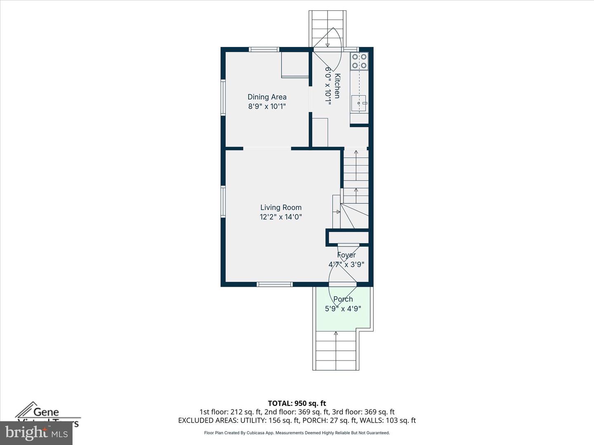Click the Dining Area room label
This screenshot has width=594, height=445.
pos(267,97)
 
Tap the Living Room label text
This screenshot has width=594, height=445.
pos(280,207)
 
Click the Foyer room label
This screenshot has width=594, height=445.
pos(346,255)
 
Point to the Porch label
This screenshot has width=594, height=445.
pos(343,299)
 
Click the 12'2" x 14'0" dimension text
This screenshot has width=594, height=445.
pos(280,217)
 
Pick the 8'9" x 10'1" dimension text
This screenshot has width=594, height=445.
pos(267,106)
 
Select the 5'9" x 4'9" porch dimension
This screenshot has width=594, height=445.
pos(343,309)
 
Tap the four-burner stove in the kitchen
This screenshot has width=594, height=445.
pos(359,61)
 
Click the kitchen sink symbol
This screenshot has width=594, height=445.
pos(358,103)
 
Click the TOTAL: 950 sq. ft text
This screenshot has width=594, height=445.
pos(297,403)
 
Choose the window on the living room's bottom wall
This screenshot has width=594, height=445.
pos(275,284)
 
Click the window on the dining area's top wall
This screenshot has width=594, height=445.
pos(264,49)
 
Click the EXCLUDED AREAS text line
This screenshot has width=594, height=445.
pos(297,420)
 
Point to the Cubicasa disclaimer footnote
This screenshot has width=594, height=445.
pos(297,433)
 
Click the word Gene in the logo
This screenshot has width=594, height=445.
pos(46,412)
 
